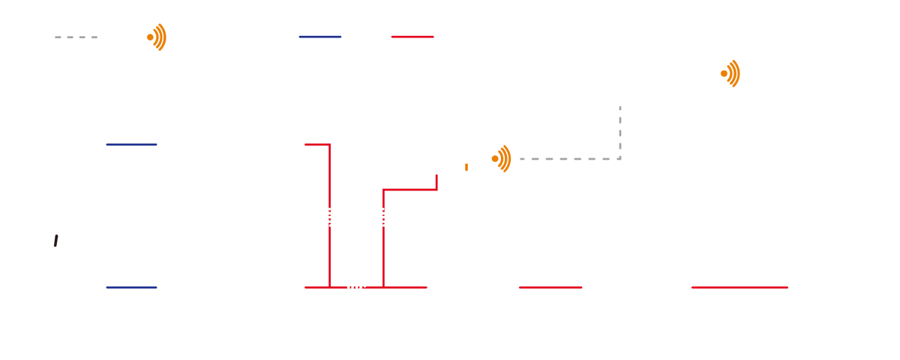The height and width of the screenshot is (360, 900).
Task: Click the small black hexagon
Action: tap(57, 229)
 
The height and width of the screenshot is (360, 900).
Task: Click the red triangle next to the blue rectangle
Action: tap(435, 45)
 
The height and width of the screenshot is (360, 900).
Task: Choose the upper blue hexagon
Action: tap(136, 146)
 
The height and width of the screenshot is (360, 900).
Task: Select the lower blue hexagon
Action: tap(136, 289)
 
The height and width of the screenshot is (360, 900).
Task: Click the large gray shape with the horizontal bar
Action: tap(592, 154)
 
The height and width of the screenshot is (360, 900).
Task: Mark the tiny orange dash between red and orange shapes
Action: tap(466, 166)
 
